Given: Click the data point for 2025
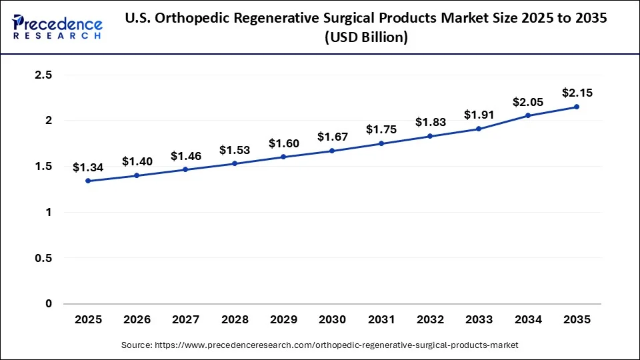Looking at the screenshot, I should (x=88, y=181).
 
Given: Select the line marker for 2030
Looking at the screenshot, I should (x=332, y=151).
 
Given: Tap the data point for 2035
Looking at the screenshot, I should (x=577, y=107).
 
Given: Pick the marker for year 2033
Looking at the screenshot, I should (x=479, y=129).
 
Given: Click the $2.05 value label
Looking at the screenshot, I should (x=528, y=102).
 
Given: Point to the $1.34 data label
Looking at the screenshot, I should (x=88, y=167).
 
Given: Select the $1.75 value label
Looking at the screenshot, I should (x=381, y=130).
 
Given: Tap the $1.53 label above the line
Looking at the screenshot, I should (x=235, y=150).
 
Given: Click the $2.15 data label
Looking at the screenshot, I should (x=577, y=93).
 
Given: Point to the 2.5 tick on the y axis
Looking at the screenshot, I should (x=43, y=75).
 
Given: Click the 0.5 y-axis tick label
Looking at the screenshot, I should (x=43, y=258).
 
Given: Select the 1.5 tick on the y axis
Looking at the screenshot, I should (x=43, y=167).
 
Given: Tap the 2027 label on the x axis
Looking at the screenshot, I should (x=185, y=320).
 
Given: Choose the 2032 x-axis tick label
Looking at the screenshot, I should (x=430, y=320).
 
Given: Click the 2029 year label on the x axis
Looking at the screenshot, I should (x=283, y=320).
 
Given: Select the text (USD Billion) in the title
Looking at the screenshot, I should (x=366, y=37).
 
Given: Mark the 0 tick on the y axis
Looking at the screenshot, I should (x=48, y=304).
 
